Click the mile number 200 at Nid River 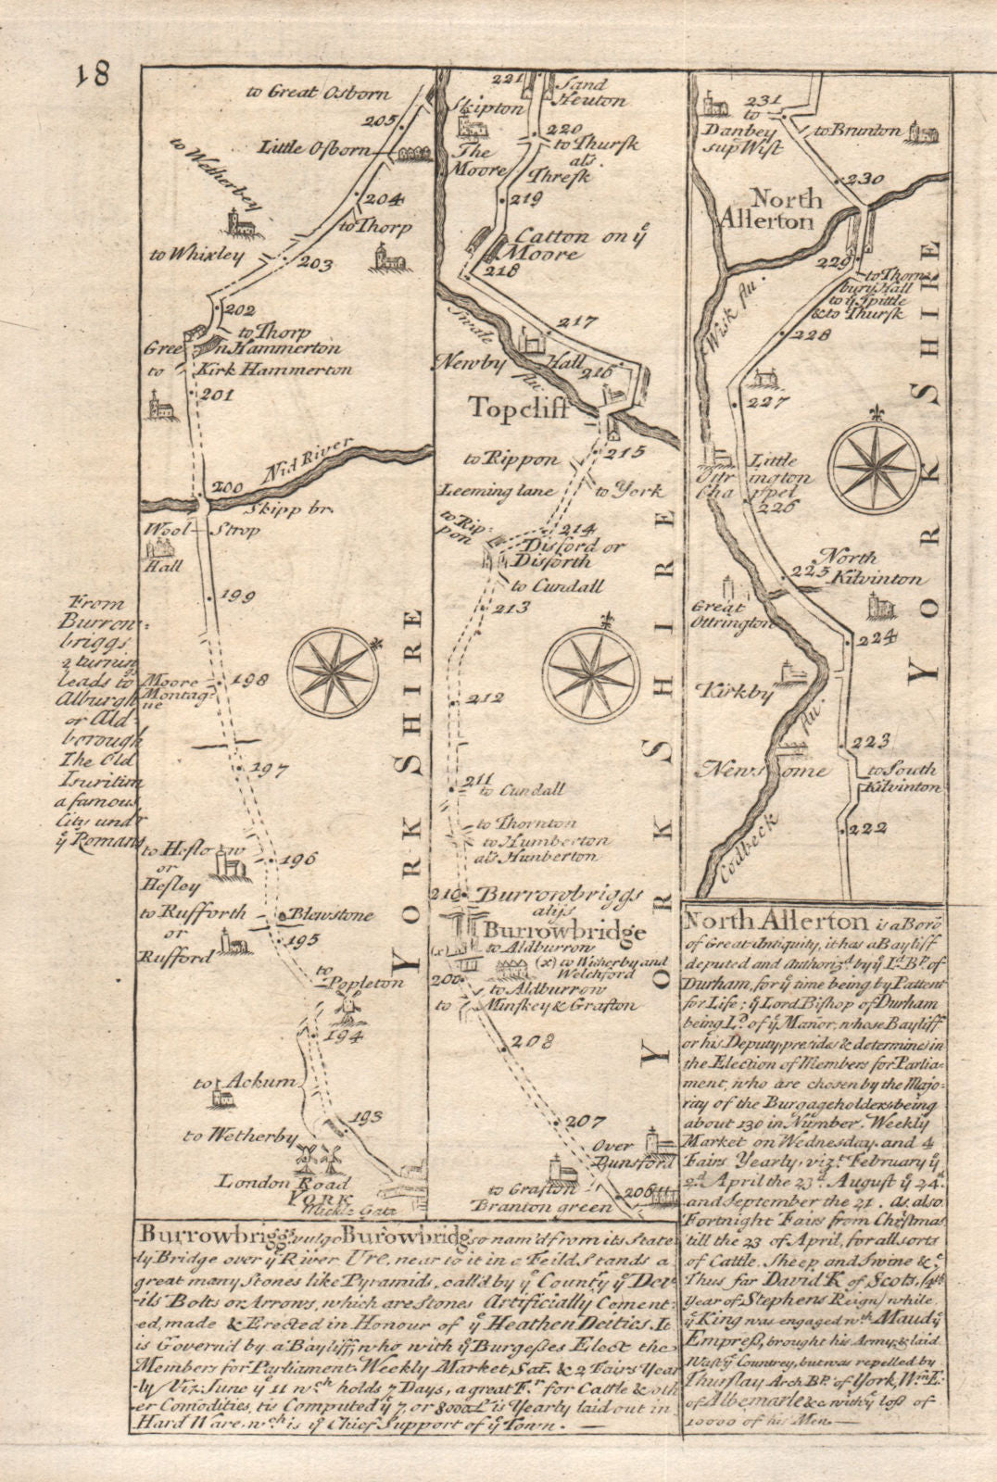point(224,488)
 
